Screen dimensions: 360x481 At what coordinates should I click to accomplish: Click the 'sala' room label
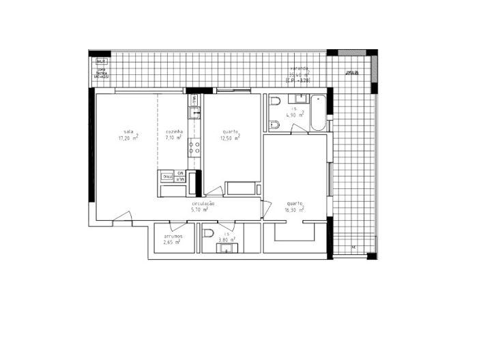[128, 132]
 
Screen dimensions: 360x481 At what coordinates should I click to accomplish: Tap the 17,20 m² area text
[128, 138]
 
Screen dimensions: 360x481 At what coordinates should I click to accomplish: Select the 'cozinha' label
[174, 132]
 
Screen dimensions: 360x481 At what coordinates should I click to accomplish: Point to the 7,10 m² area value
[173, 138]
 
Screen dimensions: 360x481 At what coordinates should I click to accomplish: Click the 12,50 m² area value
[230, 138]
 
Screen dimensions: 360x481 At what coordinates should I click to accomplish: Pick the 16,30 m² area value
[295, 210]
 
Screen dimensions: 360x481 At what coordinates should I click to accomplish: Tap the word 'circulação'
[203, 203]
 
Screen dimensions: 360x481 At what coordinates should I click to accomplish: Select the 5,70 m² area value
[200, 210]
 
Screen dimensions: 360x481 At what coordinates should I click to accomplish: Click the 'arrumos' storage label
[173, 236]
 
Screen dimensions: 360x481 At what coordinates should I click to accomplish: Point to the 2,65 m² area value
[171, 242]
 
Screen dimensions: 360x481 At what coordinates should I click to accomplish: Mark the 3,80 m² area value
[227, 240]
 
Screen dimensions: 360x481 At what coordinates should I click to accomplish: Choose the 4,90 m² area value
[295, 115]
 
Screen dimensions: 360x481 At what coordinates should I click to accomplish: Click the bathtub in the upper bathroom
[317, 113]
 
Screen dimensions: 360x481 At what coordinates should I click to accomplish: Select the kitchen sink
[194, 108]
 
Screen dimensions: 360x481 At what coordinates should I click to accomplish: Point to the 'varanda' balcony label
[300, 69]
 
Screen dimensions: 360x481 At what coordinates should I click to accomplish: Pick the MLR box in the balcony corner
[101, 61]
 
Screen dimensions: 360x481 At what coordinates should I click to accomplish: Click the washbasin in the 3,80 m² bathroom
[225, 249]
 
